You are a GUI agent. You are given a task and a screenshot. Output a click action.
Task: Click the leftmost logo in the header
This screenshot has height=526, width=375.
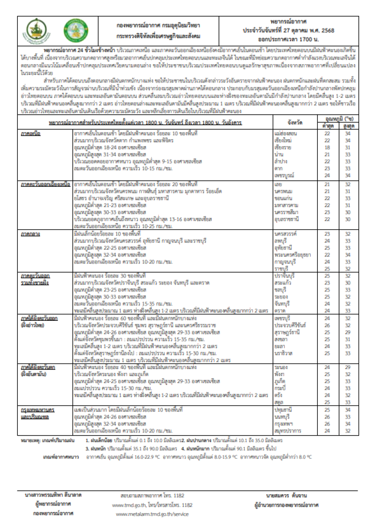coord(34,29)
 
